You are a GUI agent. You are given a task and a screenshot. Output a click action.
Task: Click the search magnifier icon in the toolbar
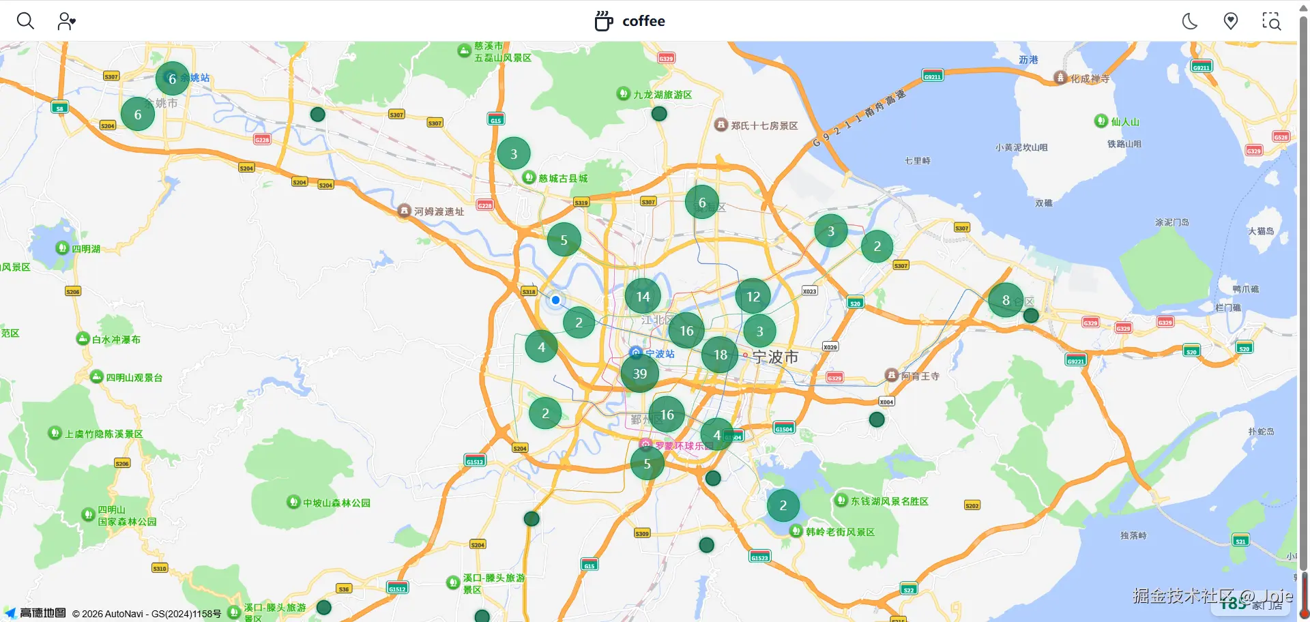coord(25,21)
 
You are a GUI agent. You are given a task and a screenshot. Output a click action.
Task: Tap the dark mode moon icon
coord(1190,21)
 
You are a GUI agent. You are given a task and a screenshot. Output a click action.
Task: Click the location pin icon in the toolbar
coord(1231,21)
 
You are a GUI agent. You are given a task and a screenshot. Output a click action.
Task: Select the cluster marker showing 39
coord(639,374)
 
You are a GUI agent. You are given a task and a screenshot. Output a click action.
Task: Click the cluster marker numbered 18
coord(720,355)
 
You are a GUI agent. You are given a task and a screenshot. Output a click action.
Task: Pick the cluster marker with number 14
coord(643,297)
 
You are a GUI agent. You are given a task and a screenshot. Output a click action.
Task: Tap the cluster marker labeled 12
coord(753,297)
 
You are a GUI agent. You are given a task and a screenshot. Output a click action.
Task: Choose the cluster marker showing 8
coord(1006,300)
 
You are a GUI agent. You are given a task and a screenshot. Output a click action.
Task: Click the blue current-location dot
coord(556,300)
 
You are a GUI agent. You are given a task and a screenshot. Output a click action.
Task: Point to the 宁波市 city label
coord(775,357)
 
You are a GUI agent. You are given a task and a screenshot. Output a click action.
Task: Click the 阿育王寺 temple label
coord(920,376)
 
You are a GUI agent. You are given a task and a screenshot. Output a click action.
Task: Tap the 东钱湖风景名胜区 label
coord(888,501)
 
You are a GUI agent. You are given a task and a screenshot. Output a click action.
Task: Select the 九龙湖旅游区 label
coord(662,95)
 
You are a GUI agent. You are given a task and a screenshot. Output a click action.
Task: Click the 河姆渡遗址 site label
coord(438,211)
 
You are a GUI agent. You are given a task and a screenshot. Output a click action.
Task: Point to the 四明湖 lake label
coord(85,249)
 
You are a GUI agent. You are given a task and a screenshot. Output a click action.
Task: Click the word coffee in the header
coord(643,21)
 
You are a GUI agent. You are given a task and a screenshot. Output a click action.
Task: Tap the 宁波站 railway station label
coord(659,353)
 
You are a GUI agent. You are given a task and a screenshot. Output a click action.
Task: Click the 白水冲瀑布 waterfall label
coord(115,340)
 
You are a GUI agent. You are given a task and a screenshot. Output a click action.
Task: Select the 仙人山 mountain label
coord(1124,122)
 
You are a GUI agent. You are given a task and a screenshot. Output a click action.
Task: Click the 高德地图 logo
coord(42,613)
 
